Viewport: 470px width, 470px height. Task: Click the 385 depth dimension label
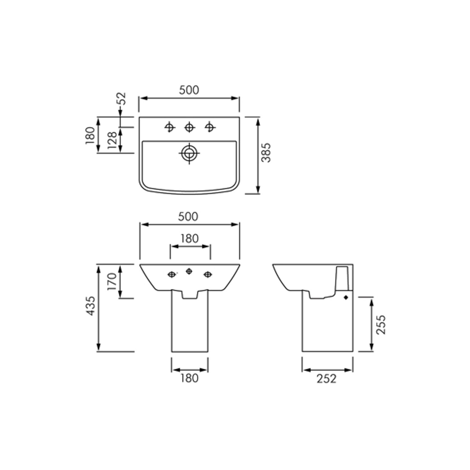[x=266, y=153]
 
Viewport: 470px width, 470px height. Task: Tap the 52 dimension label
[x=123, y=98]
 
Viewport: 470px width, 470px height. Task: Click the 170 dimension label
[x=112, y=282]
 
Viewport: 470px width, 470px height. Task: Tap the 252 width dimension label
[x=326, y=379]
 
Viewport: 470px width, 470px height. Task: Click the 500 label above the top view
[x=189, y=90]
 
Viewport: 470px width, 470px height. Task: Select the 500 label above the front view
[x=188, y=216]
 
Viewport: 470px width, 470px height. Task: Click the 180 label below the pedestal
[x=190, y=378]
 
